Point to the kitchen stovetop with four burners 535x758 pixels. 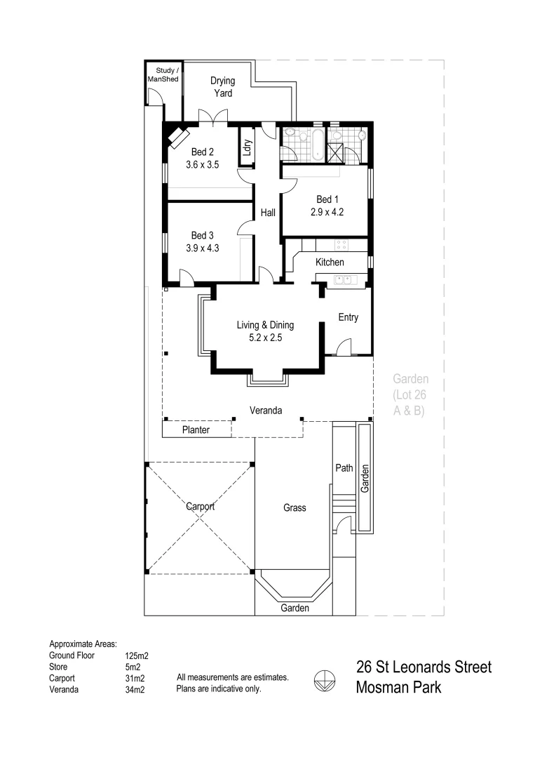341,245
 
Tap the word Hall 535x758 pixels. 268,213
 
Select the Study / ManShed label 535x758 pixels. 163,74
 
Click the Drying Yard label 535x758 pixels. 223,86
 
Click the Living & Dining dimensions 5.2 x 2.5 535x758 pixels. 264,337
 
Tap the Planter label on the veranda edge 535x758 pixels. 196,430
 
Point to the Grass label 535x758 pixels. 294,507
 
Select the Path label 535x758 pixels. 344,468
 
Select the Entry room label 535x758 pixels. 348,317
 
